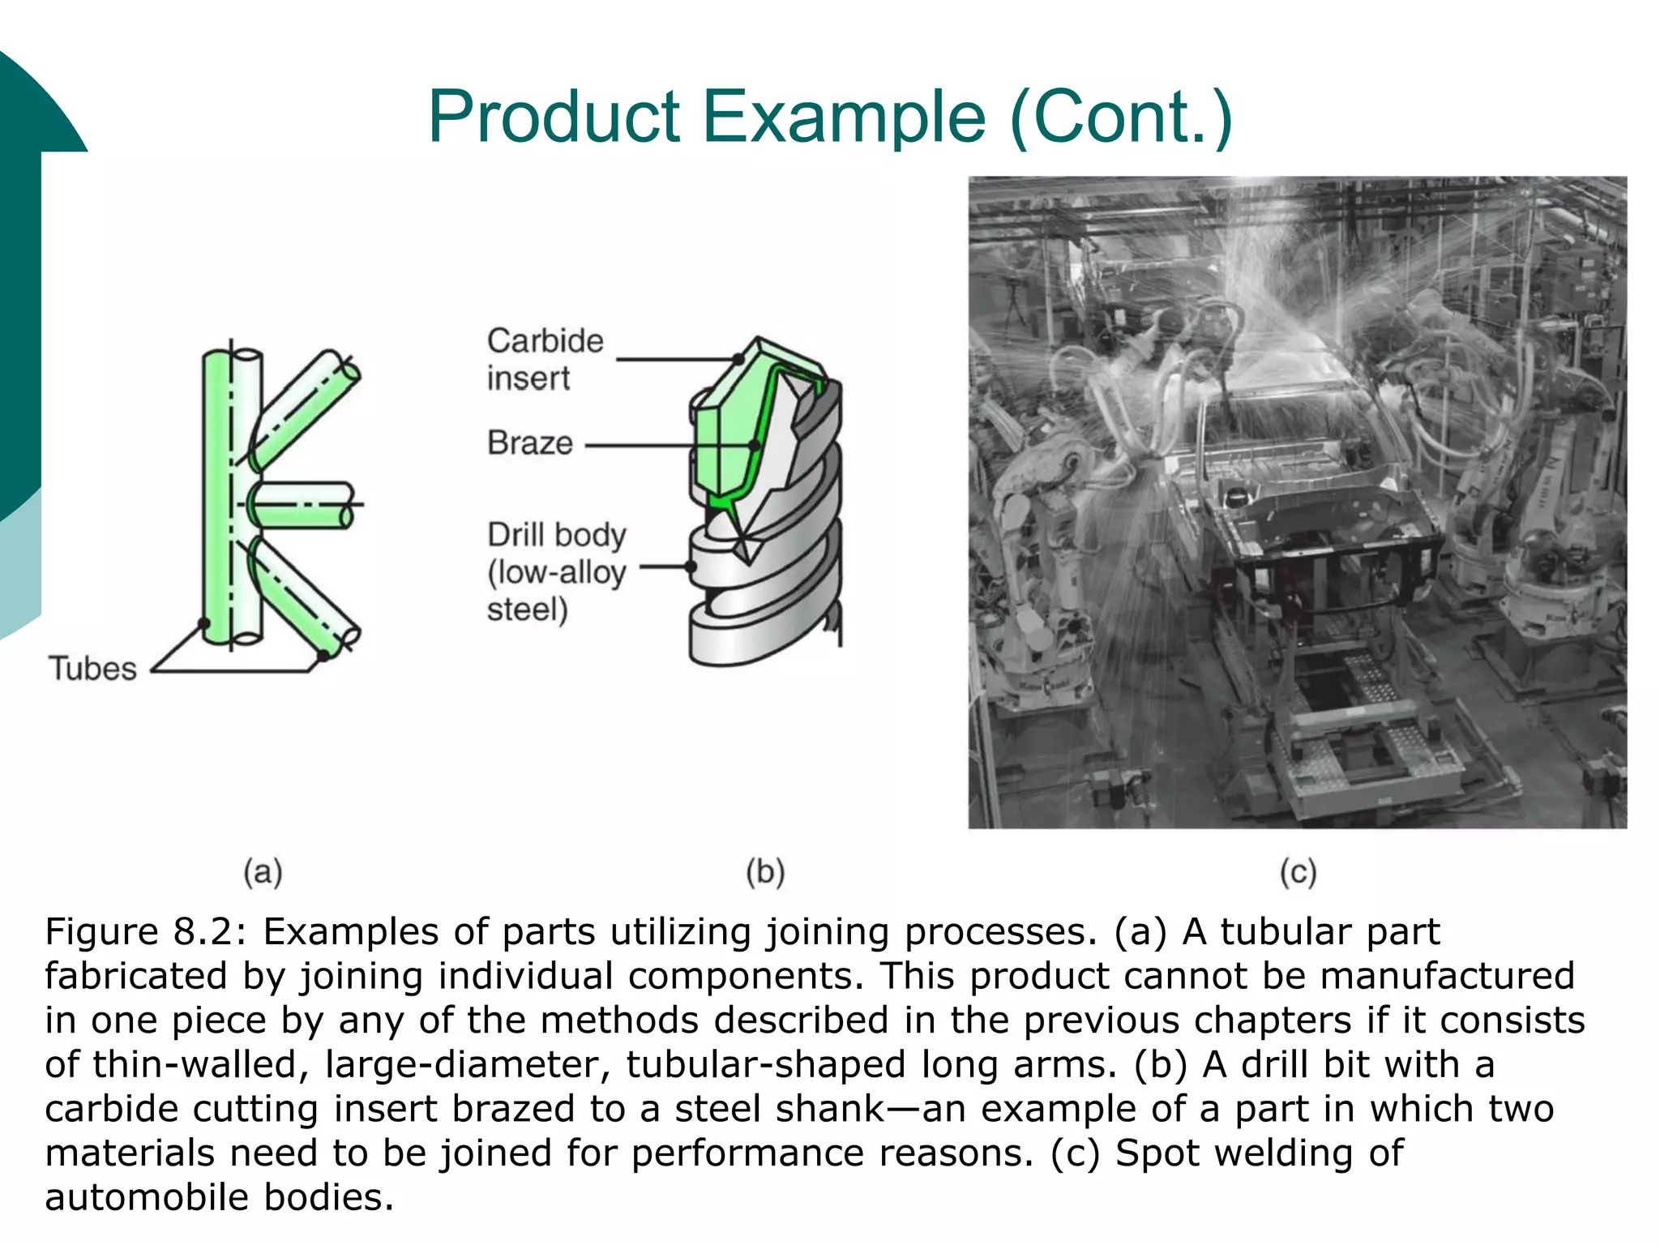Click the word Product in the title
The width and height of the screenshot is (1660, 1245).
(554, 118)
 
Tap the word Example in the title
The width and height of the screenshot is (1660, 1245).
(844, 118)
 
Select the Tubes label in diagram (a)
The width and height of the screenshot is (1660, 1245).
(92, 669)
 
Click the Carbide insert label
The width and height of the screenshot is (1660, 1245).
(545, 359)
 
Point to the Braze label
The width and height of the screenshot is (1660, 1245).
(529, 443)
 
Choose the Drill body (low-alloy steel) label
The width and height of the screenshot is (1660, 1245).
(556, 572)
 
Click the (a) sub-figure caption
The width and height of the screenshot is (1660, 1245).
(263, 872)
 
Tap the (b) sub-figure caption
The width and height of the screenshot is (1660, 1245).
(765, 872)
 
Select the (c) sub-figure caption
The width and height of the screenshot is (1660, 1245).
(1298, 872)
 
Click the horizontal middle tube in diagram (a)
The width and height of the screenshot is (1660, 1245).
(304, 505)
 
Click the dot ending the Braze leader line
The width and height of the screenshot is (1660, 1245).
(754, 446)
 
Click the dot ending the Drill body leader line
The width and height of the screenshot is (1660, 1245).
(691, 567)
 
